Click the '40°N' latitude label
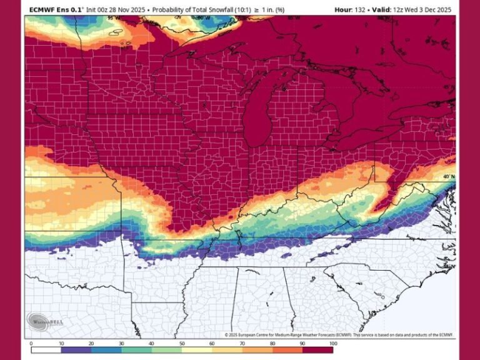click(x=449, y=177)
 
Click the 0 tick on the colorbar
click(x=31, y=343)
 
